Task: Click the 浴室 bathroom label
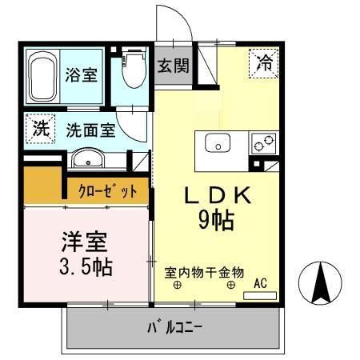pyautogui.click(x=81, y=75)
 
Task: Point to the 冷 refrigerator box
pyautogui.click(x=263, y=62)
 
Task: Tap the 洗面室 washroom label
pyautogui.click(x=90, y=128)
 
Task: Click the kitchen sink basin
pyautogui.click(x=218, y=144)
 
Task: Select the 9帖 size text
pyautogui.click(x=216, y=222)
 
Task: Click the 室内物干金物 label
pyautogui.click(x=204, y=273)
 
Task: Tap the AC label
pyautogui.click(x=262, y=282)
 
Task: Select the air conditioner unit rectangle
pyautogui.click(x=259, y=295)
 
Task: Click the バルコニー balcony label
pyautogui.click(x=175, y=327)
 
